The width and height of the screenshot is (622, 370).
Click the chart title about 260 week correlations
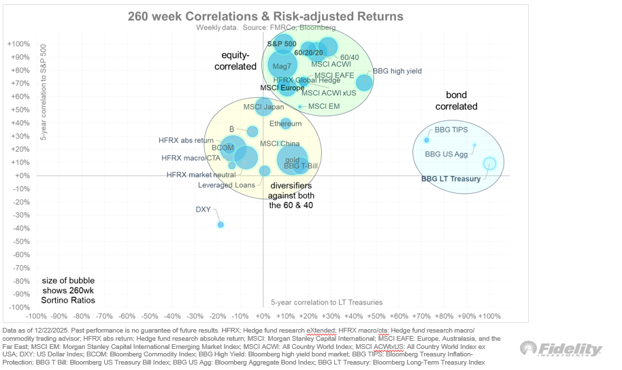click(x=265, y=16)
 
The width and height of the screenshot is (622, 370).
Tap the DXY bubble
click(x=220, y=224)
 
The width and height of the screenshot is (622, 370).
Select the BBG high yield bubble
click(x=364, y=82)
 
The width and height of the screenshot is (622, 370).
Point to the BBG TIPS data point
click(x=427, y=140)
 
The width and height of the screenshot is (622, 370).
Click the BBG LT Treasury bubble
click(x=489, y=163)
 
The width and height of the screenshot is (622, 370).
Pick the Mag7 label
click(x=282, y=67)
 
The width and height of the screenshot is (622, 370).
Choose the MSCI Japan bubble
click(x=264, y=107)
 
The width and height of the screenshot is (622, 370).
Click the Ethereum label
click(x=285, y=124)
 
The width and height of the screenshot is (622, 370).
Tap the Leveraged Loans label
click(x=227, y=185)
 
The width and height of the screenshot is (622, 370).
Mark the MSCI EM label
click(x=323, y=106)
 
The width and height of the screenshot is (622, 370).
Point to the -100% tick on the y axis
click(x=18, y=307)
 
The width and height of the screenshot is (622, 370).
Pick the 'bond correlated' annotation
click(x=461, y=101)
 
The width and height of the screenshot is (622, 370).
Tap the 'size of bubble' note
click(x=68, y=290)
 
